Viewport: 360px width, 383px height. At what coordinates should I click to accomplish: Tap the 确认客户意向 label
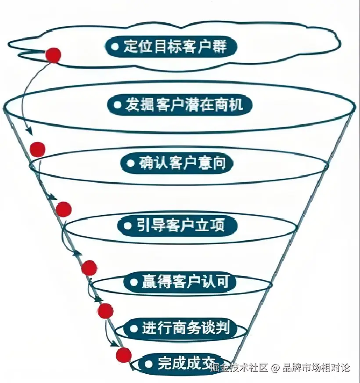tap(177, 163)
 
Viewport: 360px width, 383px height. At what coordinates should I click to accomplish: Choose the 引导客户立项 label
tap(178, 226)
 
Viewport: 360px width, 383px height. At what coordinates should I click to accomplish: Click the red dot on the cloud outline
tap(53, 55)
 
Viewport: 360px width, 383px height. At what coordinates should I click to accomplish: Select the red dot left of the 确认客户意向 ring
tap(38, 149)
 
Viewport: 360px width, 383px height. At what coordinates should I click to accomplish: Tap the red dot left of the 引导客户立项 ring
tap(64, 210)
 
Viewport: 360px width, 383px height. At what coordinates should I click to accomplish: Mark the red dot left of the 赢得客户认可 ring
tap(89, 267)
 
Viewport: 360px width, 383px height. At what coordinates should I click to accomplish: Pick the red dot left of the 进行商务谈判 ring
tap(105, 311)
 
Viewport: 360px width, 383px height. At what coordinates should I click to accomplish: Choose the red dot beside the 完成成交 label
tap(124, 354)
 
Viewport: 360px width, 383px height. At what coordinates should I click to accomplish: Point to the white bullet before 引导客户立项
tap(128, 226)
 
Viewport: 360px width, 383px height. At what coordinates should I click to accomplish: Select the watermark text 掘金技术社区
tap(239, 367)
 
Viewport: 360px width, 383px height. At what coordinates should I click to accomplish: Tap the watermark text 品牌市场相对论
tap(316, 367)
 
